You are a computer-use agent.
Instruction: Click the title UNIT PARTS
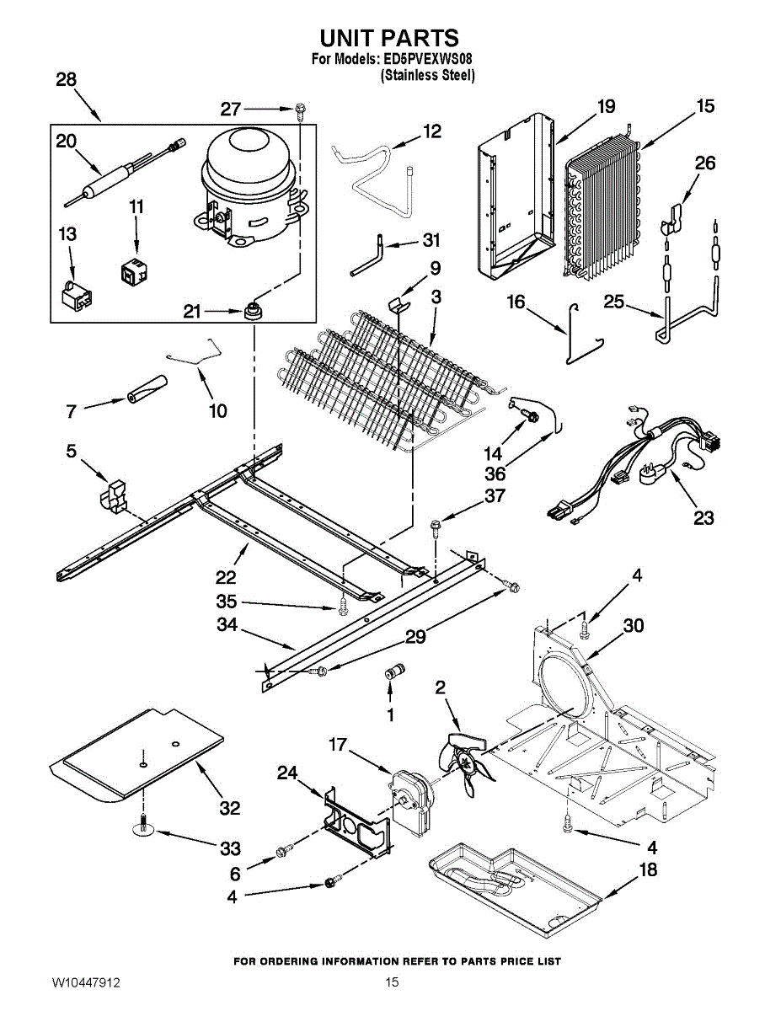(389, 38)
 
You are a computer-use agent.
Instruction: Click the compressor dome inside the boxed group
(249, 160)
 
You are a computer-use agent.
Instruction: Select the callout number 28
(66, 80)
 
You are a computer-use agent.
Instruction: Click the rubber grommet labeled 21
(250, 312)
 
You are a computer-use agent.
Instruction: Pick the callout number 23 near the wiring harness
(703, 517)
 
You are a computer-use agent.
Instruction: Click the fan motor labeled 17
(410, 793)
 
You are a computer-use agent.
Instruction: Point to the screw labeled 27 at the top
(300, 109)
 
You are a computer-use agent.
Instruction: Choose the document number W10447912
(85, 982)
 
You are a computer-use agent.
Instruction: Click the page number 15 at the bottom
(392, 982)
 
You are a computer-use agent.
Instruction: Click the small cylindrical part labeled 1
(391, 671)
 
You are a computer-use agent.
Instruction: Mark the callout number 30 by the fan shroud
(634, 625)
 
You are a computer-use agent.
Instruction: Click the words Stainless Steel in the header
(428, 75)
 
